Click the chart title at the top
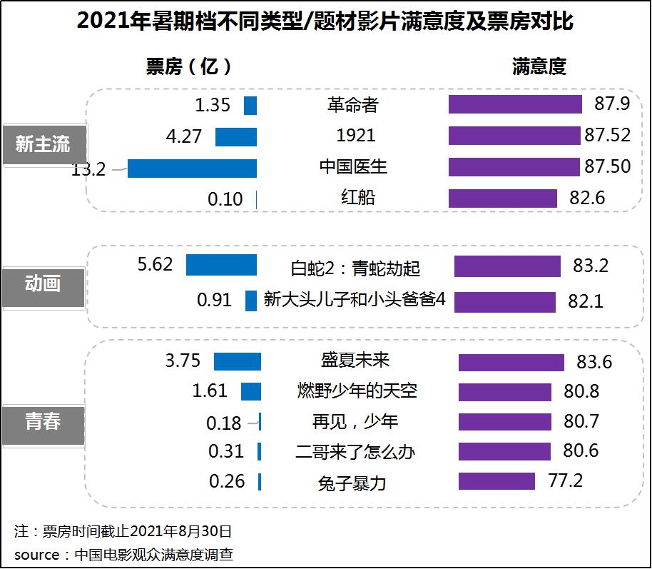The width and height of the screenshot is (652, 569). [325, 21]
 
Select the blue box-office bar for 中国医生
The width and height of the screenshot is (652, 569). [192, 168]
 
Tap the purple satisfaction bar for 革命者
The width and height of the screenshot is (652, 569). [515, 104]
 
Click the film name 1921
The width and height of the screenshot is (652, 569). [355, 136]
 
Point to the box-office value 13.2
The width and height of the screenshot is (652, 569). [88, 169]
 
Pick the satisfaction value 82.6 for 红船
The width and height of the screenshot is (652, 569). [587, 198]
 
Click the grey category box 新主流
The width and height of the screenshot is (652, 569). [43, 144]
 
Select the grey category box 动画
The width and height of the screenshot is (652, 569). [43, 284]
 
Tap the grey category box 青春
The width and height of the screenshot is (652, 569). [43, 422]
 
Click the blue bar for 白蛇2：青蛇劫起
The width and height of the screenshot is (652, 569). [221, 265]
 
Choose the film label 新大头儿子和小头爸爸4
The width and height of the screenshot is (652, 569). [355, 300]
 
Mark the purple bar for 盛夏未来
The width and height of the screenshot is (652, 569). [511, 362]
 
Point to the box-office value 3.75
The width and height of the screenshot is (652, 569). [183, 361]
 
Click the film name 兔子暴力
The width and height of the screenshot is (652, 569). [352, 483]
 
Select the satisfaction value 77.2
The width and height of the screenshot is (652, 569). [565, 480]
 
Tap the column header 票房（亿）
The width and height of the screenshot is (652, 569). [188, 67]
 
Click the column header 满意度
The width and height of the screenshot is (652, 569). [539, 67]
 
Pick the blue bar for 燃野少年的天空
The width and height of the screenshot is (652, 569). [251, 391]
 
